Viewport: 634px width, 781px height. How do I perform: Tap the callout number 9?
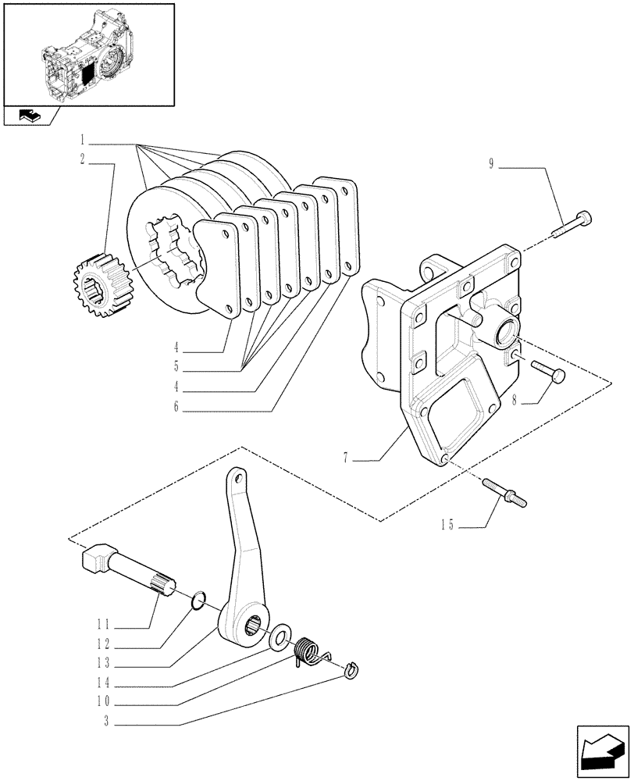491,165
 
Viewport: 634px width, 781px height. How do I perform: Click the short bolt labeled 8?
547,370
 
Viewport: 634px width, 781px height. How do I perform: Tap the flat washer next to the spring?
279,637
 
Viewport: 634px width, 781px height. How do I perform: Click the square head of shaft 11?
93,558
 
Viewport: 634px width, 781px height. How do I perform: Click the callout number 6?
176,406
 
